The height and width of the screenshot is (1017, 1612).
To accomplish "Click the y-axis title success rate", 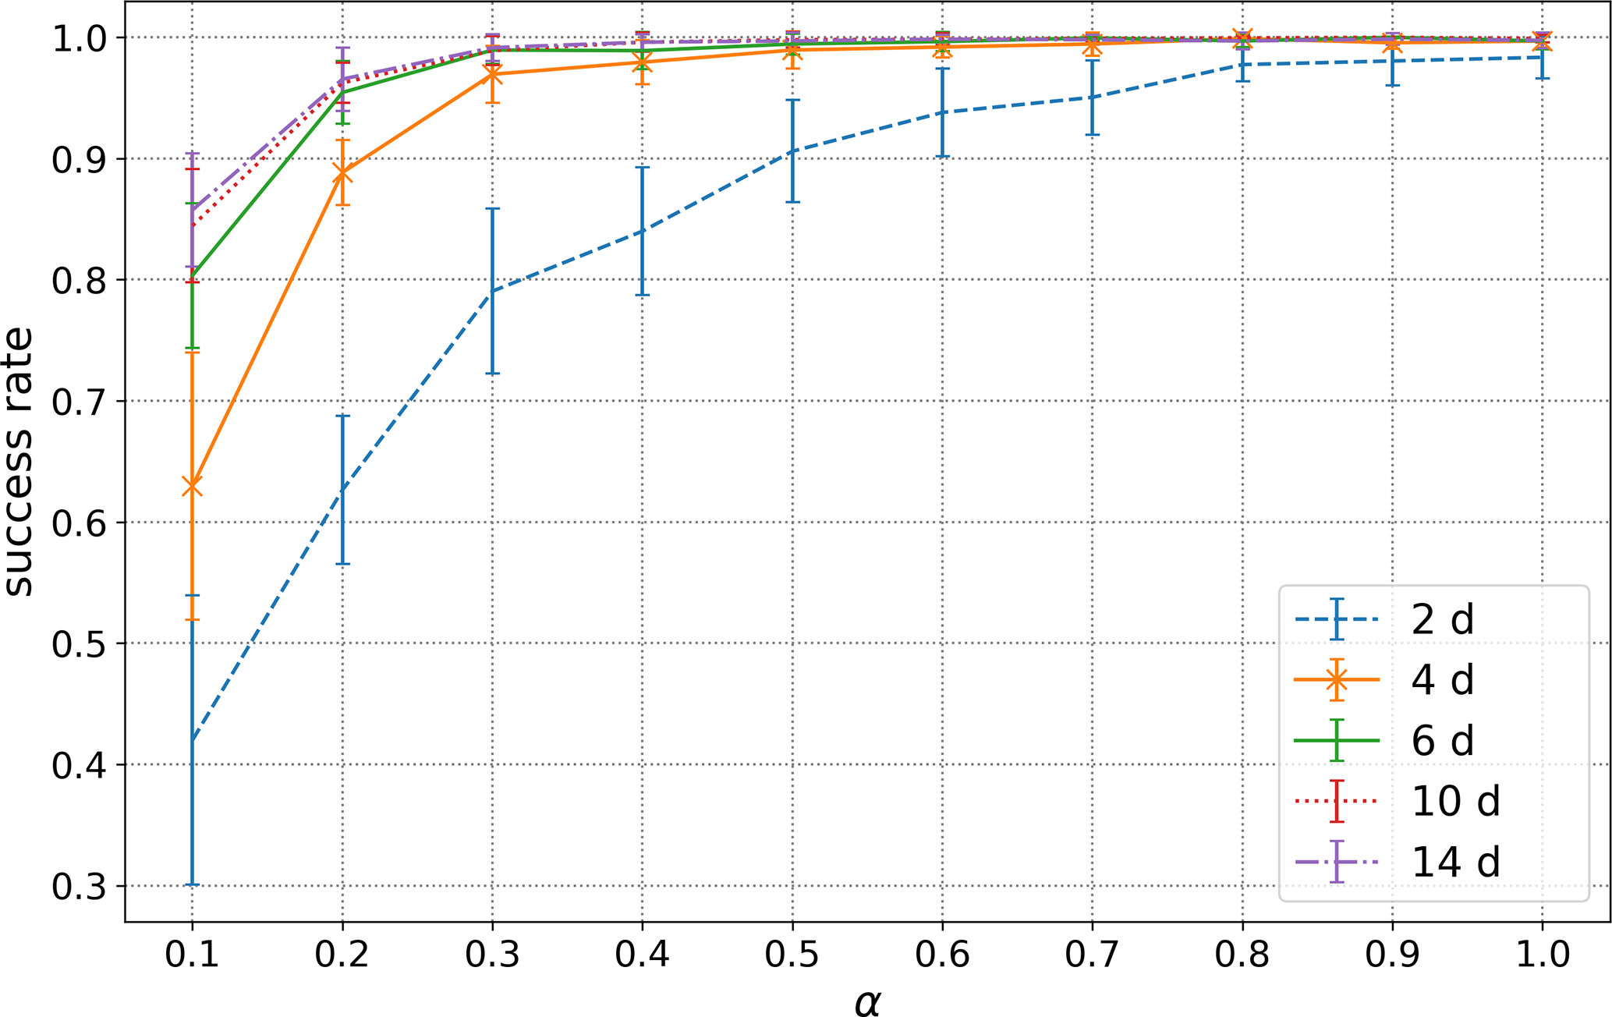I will coord(19,462).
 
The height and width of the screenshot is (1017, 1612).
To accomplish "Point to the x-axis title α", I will coord(866,1001).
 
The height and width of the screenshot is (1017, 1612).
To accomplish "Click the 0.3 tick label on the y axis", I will coord(78,887).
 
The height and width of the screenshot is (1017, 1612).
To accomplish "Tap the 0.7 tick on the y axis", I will coord(78,402).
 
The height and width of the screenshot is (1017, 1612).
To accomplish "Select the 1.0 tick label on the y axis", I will coord(78,38).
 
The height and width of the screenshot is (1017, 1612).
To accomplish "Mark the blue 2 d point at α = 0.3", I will coord(492,291).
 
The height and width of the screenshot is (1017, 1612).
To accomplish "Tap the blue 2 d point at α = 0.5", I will coord(792,151).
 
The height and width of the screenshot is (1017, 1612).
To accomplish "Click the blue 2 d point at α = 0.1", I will coord(192,740).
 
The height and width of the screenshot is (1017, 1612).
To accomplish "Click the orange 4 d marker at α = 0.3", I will coord(492,75).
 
